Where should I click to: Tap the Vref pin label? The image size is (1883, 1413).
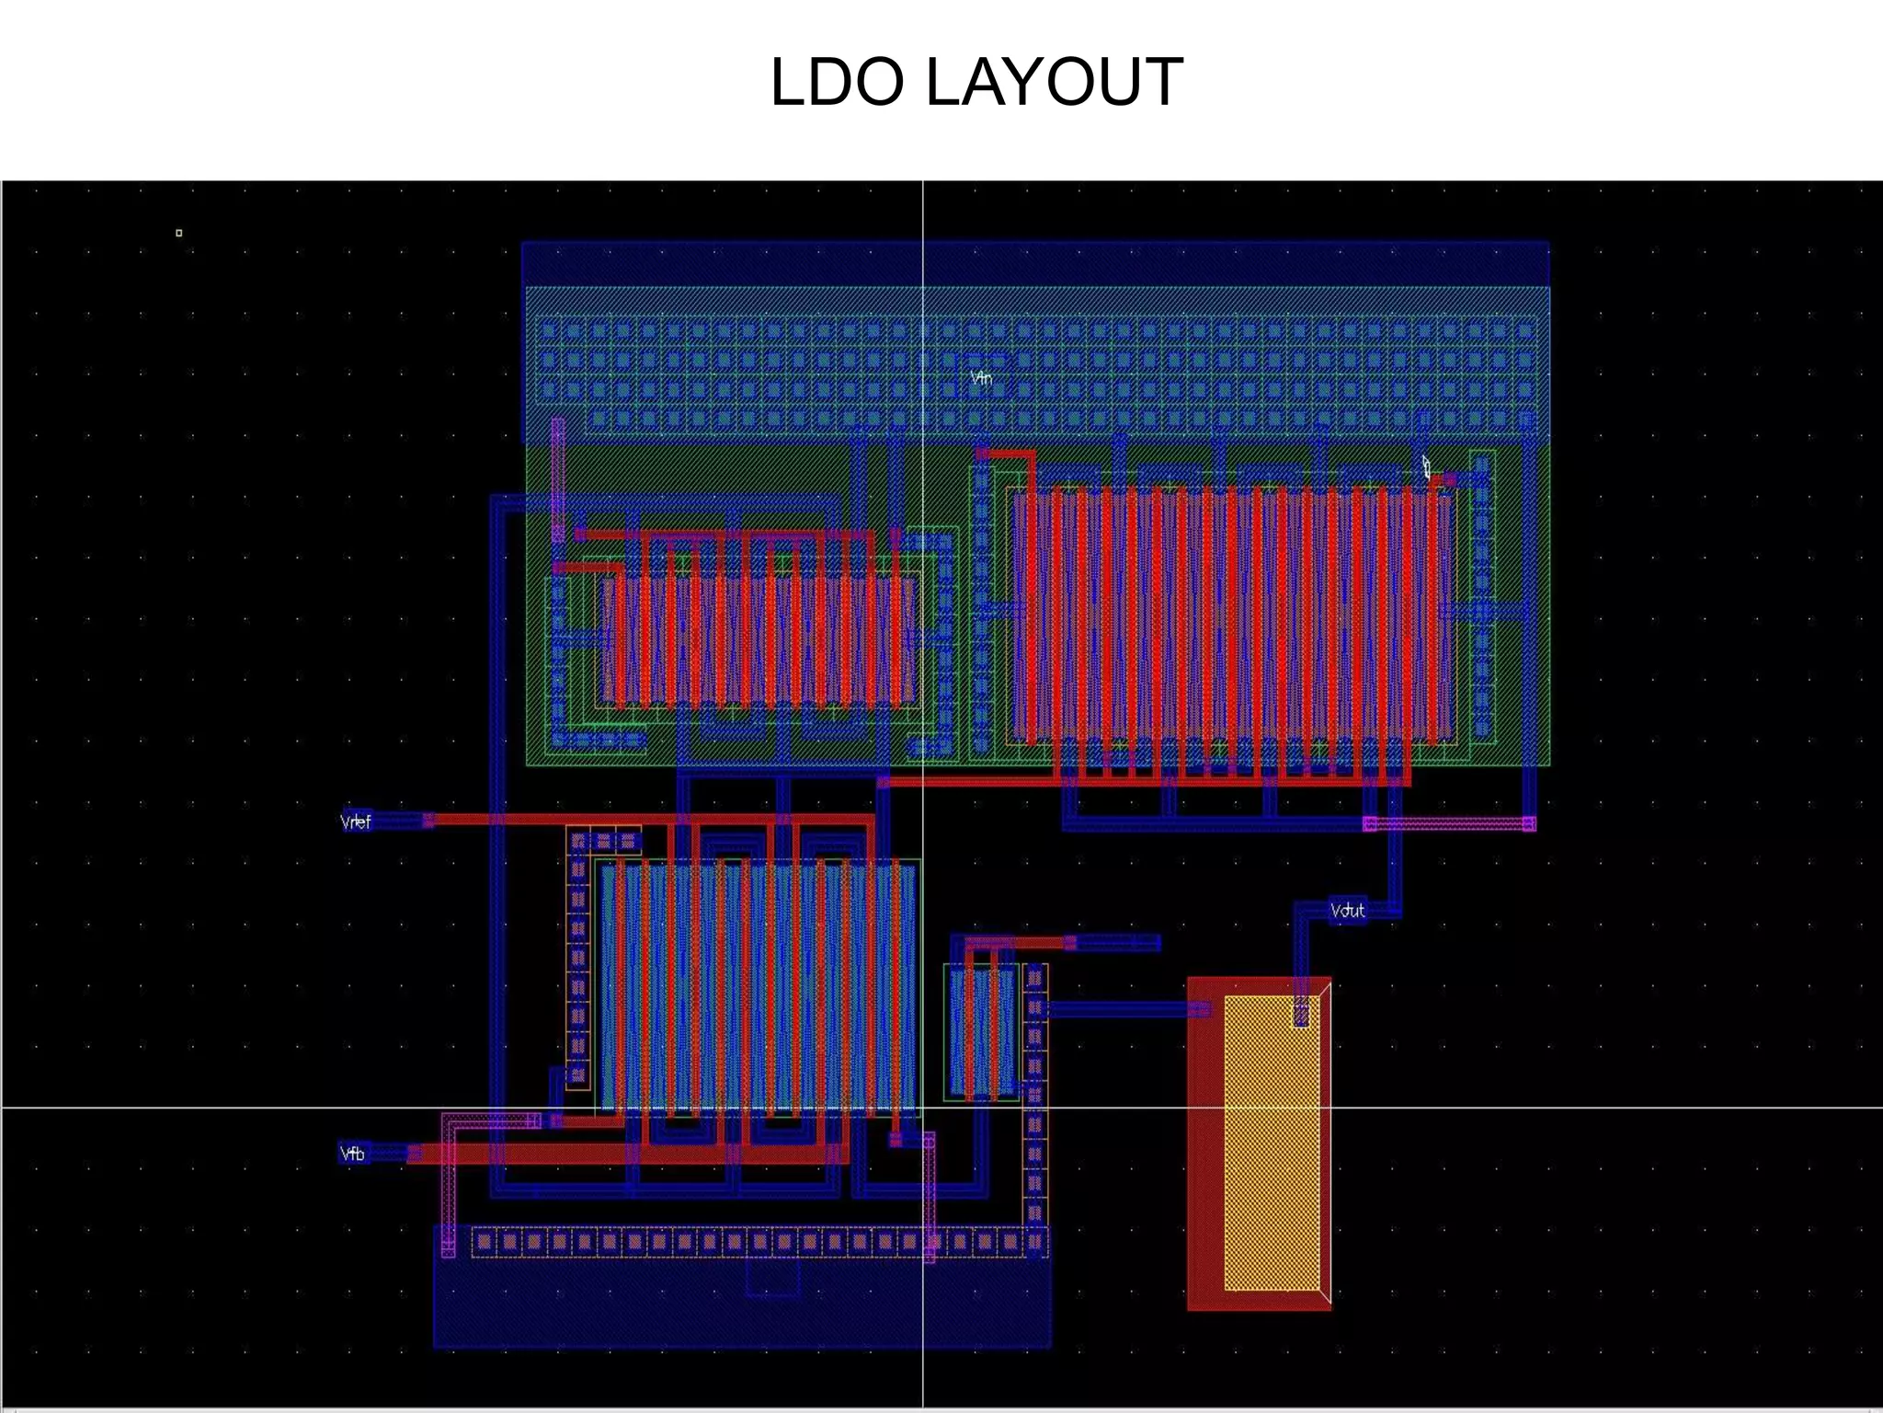[x=356, y=821]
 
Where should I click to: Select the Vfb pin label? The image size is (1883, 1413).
[x=353, y=1154]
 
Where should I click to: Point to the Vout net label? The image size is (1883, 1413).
[x=1348, y=911]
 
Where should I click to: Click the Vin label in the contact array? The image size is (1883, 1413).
[x=982, y=377]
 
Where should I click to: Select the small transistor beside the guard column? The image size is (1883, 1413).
[x=982, y=1030]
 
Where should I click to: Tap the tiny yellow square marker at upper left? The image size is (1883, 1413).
[x=178, y=233]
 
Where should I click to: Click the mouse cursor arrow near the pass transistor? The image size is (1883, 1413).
[x=1426, y=465]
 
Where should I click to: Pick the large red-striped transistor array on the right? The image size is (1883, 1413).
[x=1232, y=615]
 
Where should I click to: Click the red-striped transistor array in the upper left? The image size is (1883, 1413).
[x=759, y=640]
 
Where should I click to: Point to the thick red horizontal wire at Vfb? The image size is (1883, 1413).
[x=625, y=1155]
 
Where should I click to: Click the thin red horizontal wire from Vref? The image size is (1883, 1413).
[x=644, y=819]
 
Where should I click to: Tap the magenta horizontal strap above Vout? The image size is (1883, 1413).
[x=1449, y=823]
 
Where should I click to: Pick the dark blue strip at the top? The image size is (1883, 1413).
[x=1035, y=263]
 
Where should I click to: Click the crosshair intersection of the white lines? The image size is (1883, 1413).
[x=923, y=1108]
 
